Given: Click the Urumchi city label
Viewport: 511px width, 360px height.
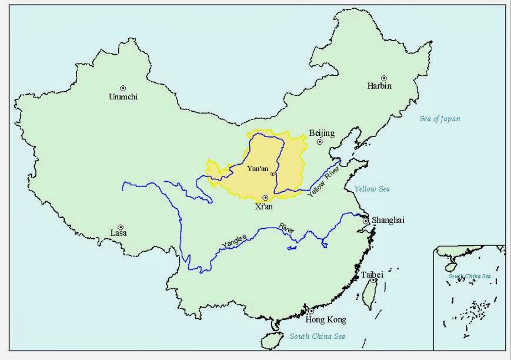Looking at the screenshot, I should [x=123, y=97].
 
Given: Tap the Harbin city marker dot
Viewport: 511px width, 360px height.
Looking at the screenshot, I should [x=384, y=78].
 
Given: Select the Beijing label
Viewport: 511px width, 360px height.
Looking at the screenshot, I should [x=321, y=134].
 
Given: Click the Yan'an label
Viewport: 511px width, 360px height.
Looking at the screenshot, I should [x=258, y=169].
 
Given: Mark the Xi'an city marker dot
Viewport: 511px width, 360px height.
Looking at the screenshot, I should [x=265, y=198].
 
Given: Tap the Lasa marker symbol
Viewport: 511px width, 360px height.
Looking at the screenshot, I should [x=120, y=227].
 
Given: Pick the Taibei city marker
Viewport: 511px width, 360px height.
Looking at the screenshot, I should [x=373, y=281].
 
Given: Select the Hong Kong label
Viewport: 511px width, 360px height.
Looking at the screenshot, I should [x=326, y=320].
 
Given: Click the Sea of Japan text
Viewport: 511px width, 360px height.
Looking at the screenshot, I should [x=440, y=119].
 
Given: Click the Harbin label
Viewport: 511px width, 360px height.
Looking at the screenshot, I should [x=379, y=86].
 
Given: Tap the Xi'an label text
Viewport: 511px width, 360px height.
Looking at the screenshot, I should [x=265, y=206].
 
